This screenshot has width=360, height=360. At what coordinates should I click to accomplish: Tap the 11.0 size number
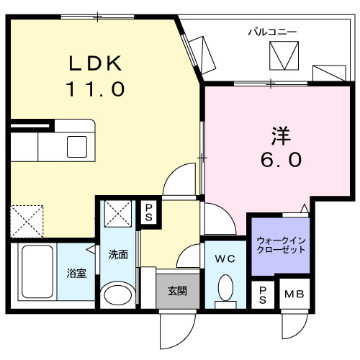pyautogui.click(x=96, y=89)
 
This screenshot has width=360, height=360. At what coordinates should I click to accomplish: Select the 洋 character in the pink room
pyautogui.click(x=281, y=135)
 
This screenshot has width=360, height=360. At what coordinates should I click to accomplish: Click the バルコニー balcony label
pyautogui.click(x=272, y=31)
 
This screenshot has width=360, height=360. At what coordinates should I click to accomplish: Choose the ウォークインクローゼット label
pyautogui.click(x=281, y=244)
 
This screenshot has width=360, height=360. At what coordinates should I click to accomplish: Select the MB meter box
pyautogui.click(x=293, y=294)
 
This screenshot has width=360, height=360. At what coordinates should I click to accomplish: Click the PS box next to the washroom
pyautogui.click(x=149, y=212)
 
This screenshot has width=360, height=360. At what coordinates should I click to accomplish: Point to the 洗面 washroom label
pyautogui.click(x=118, y=254)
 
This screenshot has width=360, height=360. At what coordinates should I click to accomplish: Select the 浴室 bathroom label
pyautogui.click(x=76, y=274)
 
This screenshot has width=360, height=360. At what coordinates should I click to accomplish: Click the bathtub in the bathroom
pyautogui.click(x=36, y=274)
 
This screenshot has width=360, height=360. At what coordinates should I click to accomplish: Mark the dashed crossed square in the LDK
pyautogui.click(x=27, y=221)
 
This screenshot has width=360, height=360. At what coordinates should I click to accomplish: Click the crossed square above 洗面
pyautogui.click(x=118, y=214)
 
